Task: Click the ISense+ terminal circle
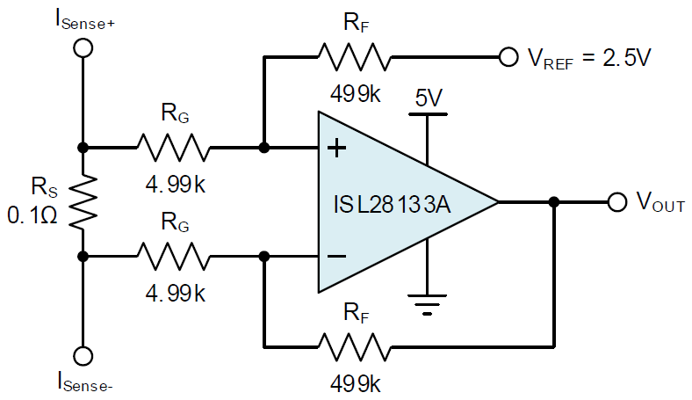[x=83, y=47]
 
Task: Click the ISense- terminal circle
[x=83, y=356]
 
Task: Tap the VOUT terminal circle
[x=617, y=202]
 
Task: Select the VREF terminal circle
[x=508, y=57]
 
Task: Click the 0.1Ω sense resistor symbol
[x=83, y=202]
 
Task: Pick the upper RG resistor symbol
[x=174, y=148]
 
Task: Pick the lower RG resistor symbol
[x=174, y=256]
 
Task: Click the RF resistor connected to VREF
[x=355, y=57]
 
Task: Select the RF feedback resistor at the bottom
[x=355, y=347]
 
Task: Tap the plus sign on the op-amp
[x=336, y=148]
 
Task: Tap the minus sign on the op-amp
[x=336, y=256]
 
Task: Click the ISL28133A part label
[x=392, y=205]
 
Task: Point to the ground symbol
[x=427, y=304]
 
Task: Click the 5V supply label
[x=429, y=98]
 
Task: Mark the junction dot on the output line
[x=554, y=202]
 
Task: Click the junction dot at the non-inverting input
[x=264, y=148]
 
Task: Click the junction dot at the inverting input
[x=264, y=256]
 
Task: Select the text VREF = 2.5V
[x=589, y=58]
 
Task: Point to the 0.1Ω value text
[x=32, y=215]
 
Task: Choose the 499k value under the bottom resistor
[x=356, y=384]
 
